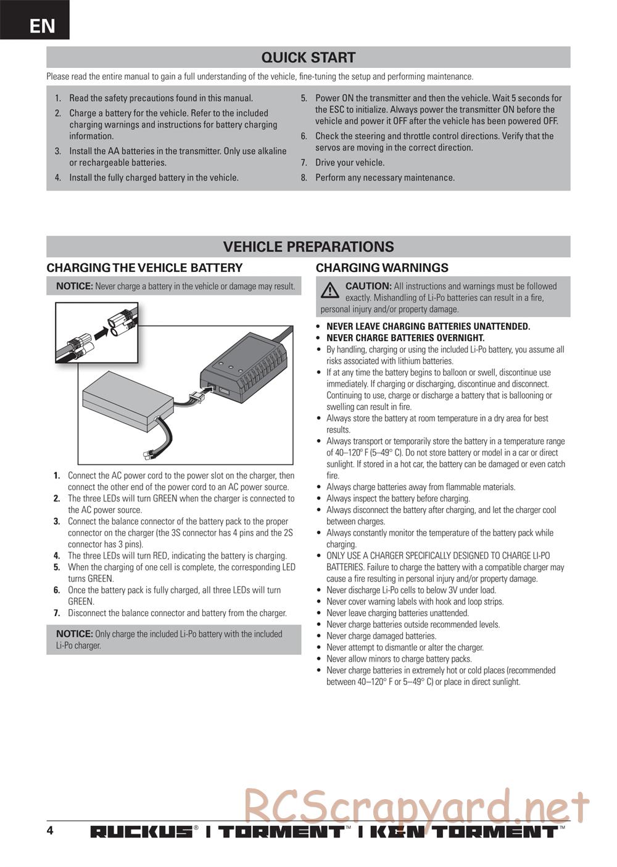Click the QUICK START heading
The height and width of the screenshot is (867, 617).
[308, 57]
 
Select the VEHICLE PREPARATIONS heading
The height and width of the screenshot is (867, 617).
[308, 247]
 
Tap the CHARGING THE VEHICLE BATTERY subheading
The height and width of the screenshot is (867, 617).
[144, 268]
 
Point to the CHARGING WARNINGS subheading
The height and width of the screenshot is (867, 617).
[382, 268]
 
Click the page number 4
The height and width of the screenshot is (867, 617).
[50, 830]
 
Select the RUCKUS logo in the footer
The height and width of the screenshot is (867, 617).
[141, 832]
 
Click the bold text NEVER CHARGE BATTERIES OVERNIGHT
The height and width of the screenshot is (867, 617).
[405, 338]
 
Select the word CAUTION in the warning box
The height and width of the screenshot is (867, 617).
[368, 286]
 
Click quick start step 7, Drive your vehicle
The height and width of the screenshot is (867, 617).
[349, 163]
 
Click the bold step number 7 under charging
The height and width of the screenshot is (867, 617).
[56, 613]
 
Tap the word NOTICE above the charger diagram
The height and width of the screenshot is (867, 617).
[74, 286]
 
